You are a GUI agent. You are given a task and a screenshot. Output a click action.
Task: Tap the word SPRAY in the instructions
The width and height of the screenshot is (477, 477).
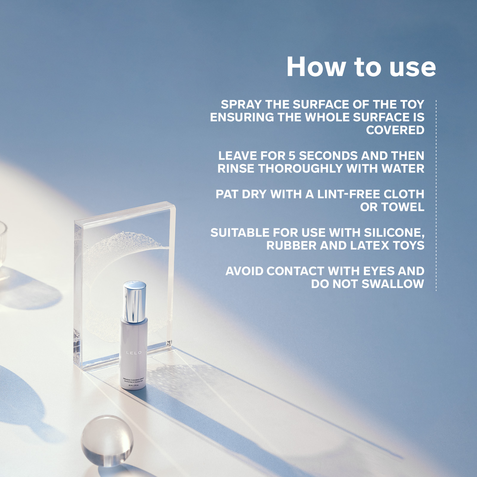click(x=241, y=105)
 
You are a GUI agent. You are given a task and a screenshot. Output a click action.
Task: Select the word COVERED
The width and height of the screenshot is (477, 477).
click(x=395, y=130)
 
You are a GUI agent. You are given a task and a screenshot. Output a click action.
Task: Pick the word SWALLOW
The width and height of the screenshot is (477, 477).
click(x=393, y=284)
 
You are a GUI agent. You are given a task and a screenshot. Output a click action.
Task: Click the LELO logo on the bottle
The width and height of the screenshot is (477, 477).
click(x=134, y=353)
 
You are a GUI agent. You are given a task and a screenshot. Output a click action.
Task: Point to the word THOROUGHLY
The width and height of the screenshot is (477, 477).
click(x=301, y=169)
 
